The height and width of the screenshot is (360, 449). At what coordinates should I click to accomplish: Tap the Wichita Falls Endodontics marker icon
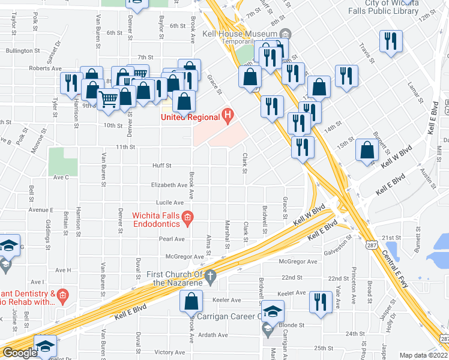pyautogui.click(x=187, y=219)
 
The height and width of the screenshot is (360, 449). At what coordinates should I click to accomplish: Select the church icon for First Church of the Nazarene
pyautogui.click(x=209, y=277)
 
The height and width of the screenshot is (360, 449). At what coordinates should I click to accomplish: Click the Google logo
pyautogui.click(x=19, y=353)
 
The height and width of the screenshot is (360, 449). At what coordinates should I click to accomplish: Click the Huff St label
pyautogui.click(x=162, y=165)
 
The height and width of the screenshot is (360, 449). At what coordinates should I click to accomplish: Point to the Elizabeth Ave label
pyautogui.click(x=170, y=185)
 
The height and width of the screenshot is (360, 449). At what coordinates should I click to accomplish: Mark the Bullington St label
pyautogui.click(x=22, y=51)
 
